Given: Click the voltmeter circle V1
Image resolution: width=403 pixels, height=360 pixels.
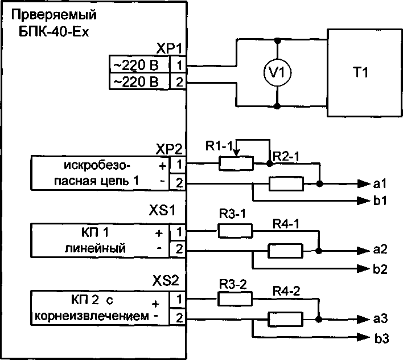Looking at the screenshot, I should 277,73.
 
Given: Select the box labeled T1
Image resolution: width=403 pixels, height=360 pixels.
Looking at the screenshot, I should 361,72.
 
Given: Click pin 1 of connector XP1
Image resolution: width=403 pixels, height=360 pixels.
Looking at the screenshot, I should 179,64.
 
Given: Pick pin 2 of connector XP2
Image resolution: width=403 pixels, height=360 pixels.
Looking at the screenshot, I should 179,183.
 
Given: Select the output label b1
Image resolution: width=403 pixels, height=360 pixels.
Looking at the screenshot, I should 381,201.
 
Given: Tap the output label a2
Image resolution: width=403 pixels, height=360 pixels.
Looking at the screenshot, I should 381,250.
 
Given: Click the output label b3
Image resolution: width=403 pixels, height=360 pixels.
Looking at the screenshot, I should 381,339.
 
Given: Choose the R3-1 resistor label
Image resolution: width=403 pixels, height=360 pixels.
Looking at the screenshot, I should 231,214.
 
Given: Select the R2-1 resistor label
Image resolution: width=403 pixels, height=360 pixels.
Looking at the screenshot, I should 286,156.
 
